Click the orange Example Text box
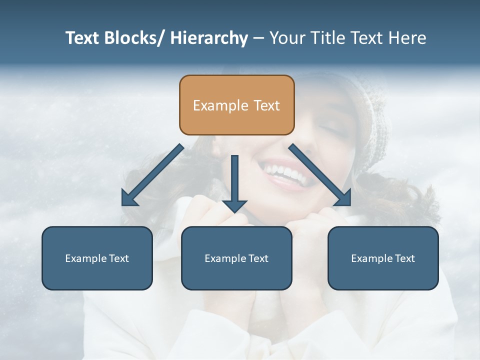point(236,105)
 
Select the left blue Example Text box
point(97,258)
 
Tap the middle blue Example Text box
point(236,258)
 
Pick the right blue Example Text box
point(383,258)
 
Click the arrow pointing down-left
point(152,175)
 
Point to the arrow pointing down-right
point(320,175)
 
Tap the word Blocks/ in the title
point(133,38)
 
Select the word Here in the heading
point(408,38)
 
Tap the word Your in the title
point(286,38)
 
